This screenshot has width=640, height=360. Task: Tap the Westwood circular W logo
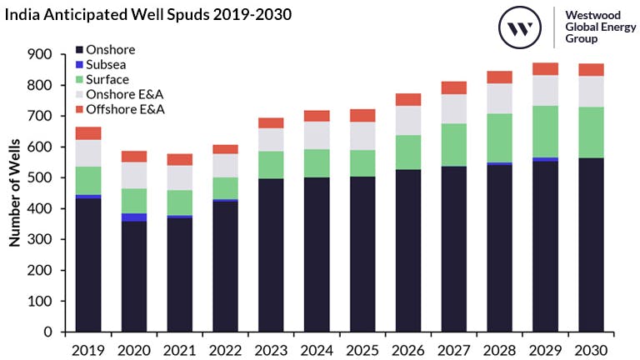(x=521, y=28)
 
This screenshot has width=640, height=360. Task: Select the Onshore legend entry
(x=104, y=50)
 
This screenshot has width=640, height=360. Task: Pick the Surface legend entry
(x=102, y=80)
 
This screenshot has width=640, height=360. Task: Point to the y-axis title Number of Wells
(x=14, y=192)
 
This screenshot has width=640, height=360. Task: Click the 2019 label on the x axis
(x=87, y=348)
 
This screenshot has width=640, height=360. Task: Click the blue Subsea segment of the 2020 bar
(x=133, y=217)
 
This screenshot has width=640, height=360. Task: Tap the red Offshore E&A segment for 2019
(x=87, y=133)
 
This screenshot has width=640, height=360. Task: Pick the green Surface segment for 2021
(x=178, y=202)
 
